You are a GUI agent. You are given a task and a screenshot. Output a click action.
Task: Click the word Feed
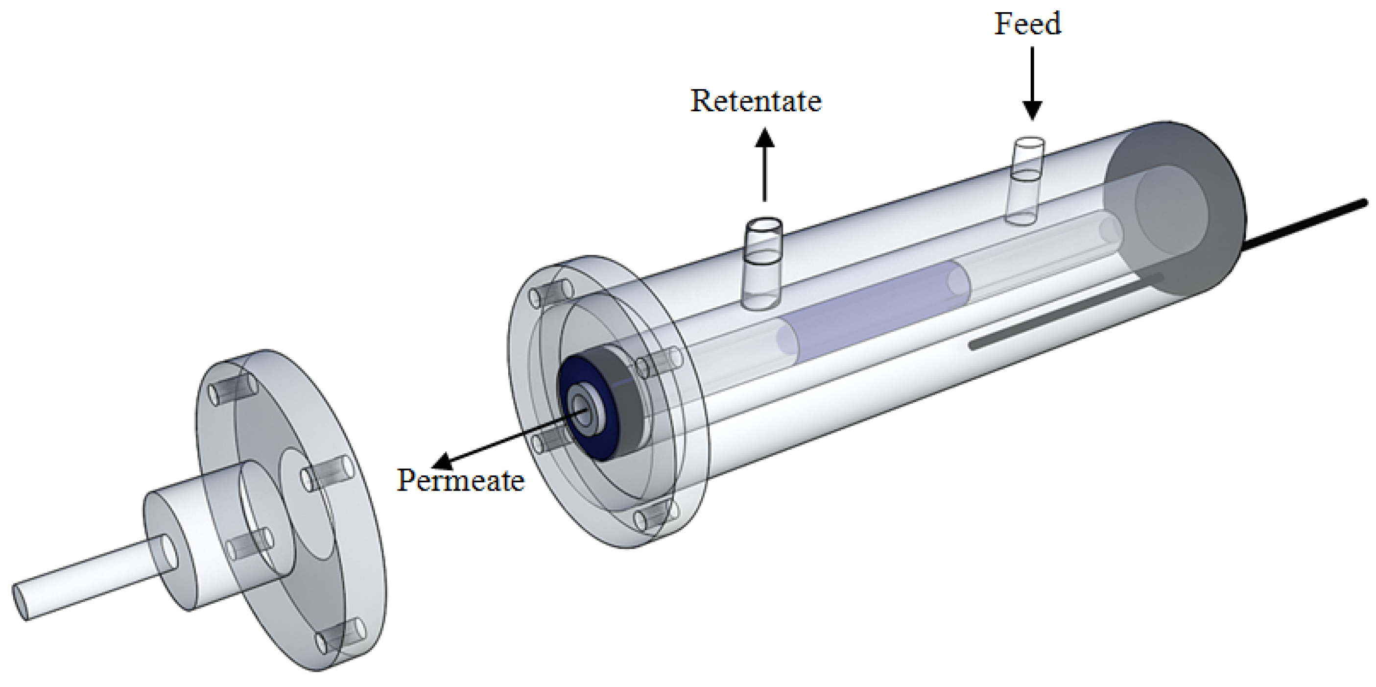tap(1027, 25)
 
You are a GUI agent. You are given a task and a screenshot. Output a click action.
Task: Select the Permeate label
tap(460, 480)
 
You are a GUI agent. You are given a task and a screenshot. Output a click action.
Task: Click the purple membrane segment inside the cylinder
tap(871, 307)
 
